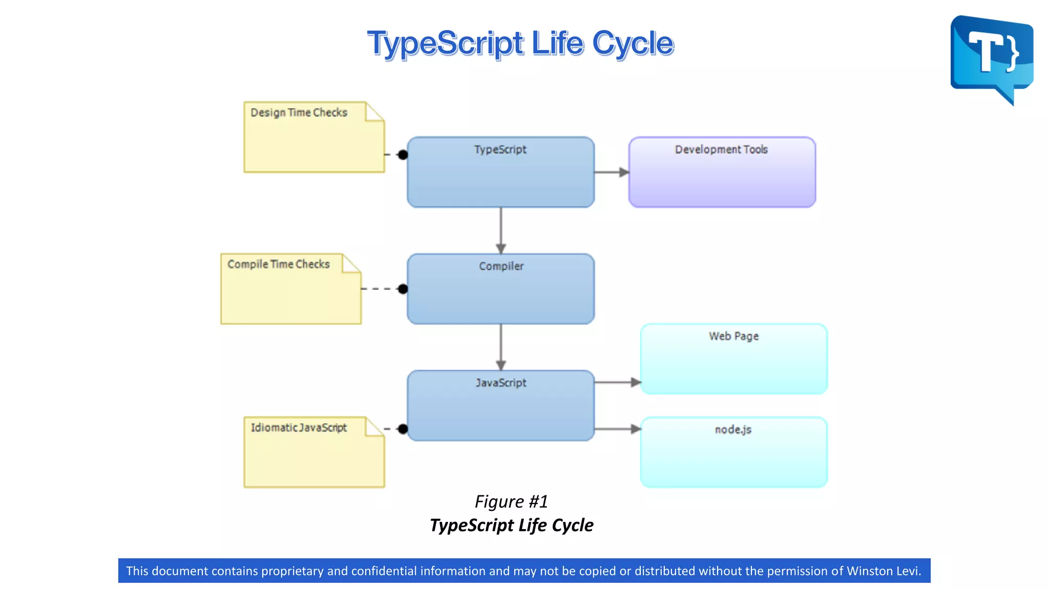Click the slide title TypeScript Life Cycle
(520, 43)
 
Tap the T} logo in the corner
(992, 56)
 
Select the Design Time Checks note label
(299, 113)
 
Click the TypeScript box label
(500, 150)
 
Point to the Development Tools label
(721, 150)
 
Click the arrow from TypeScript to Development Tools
(612, 173)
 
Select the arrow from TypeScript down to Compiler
(501, 230)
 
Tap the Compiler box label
(501, 266)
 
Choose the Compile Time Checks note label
(279, 264)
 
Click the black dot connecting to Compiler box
(403, 289)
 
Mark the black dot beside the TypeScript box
(403, 155)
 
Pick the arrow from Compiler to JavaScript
(501, 347)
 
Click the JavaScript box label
(501, 383)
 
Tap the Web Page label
(733, 336)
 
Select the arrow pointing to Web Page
(618, 383)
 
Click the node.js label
(733, 430)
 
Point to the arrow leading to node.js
(618, 429)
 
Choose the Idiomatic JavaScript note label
(299, 428)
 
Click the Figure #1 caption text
(511, 502)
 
